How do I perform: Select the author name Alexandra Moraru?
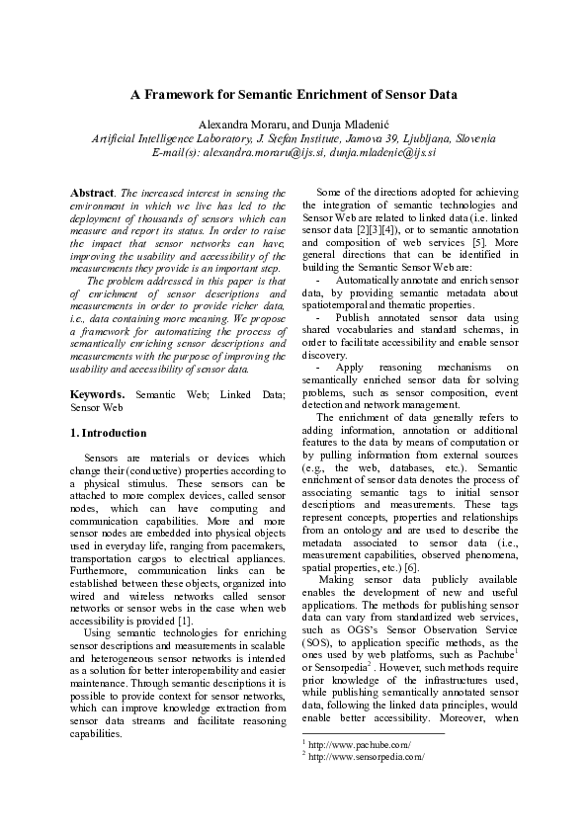click(239, 125)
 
